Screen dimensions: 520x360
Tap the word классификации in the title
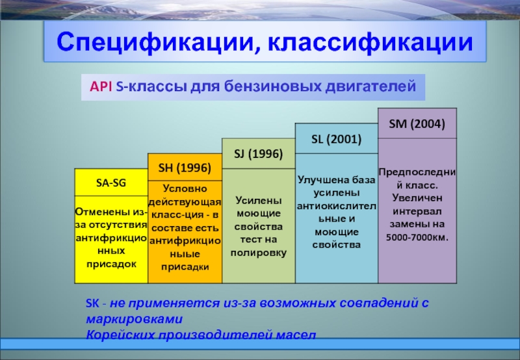click(x=370, y=42)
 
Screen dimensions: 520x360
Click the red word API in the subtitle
click(x=101, y=86)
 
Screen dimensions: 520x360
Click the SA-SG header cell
click(x=111, y=183)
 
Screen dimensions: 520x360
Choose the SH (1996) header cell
click(x=185, y=168)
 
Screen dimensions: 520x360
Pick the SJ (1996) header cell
click(x=258, y=154)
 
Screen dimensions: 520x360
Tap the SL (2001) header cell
click(x=336, y=138)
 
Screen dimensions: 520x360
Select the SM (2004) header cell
click(x=417, y=123)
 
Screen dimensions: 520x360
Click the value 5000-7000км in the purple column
click(x=417, y=237)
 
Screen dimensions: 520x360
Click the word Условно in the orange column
click(x=185, y=188)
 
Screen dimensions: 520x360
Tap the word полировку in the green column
click(x=258, y=253)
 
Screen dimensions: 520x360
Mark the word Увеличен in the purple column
click(x=417, y=198)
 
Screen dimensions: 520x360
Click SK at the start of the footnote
click(x=92, y=303)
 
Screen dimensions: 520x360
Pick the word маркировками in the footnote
click(x=135, y=319)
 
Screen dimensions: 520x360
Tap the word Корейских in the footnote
click(x=120, y=335)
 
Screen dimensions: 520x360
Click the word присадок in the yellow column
click(x=111, y=264)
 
